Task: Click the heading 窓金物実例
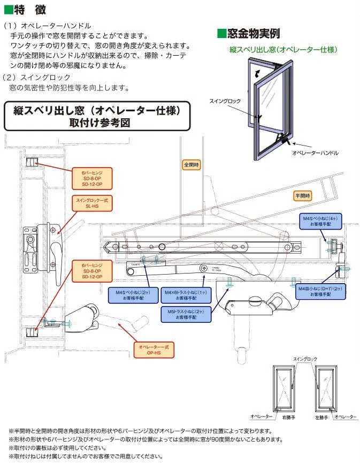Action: [x=248, y=34]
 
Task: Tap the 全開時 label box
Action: [x=191, y=165]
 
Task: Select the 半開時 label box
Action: [x=302, y=195]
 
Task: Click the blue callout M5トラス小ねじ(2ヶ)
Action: [x=187, y=314]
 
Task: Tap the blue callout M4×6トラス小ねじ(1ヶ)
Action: [x=186, y=295]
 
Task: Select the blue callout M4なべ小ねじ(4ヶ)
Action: [x=319, y=222]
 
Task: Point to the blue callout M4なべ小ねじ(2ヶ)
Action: [x=129, y=295]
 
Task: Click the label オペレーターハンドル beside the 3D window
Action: [x=315, y=153]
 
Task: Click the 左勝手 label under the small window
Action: [x=321, y=416]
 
